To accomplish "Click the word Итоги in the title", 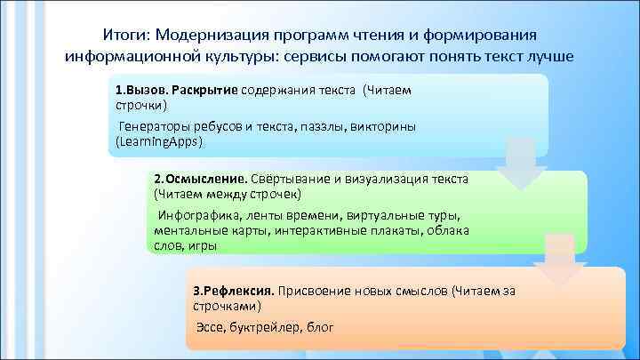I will click(x=124, y=34).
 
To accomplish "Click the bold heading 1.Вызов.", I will click(x=141, y=91).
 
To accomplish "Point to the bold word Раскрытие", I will click(x=204, y=91).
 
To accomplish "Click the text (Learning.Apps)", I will click(x=160, y=141).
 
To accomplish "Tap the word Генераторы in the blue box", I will click(x=154, y=128).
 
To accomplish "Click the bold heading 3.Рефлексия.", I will click(x=234, y=291).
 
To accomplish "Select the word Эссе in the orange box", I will click(x=210, y=328).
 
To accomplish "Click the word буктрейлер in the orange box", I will click(x=260, y=328).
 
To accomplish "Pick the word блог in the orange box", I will click(x=317, y=328).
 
